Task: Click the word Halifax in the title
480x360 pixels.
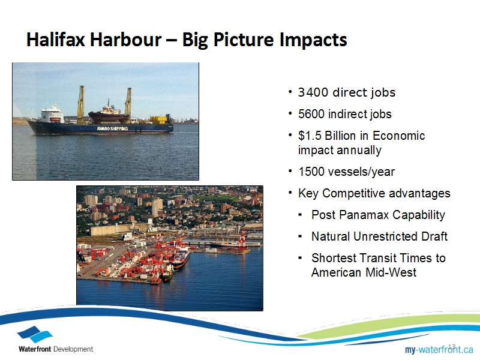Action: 55,40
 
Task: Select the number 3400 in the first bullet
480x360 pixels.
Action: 313,92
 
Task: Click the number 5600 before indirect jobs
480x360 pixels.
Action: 311,114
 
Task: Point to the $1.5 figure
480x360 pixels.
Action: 310,136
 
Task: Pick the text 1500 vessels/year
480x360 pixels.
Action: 347,172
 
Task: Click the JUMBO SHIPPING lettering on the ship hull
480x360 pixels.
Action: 112,128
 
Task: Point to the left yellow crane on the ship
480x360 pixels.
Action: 81,104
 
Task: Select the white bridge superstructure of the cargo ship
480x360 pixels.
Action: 52,114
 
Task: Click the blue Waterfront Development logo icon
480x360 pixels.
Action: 35,335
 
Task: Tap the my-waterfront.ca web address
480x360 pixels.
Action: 439,349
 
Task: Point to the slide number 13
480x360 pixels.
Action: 452,347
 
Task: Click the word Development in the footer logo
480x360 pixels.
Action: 73,349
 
